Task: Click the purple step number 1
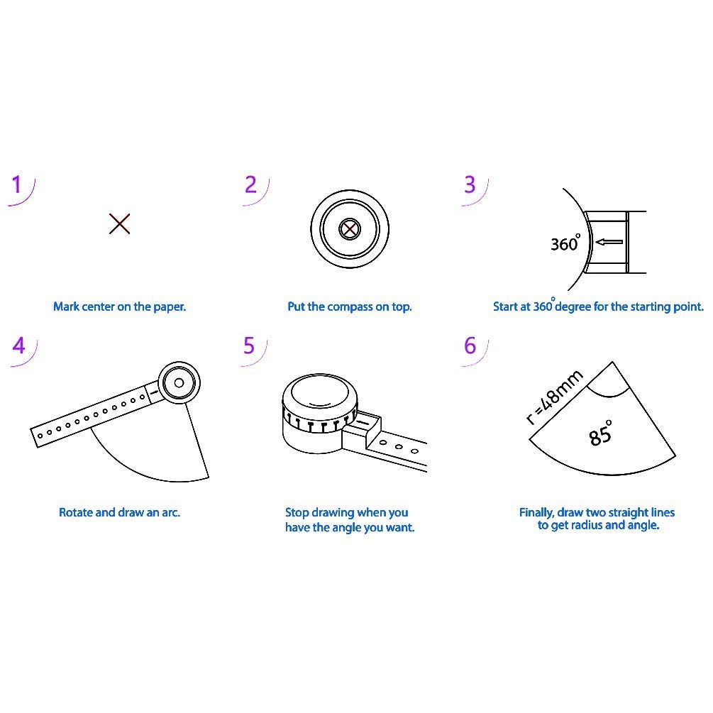click(17, 185)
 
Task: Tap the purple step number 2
click(250, 184)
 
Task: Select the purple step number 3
click(470, 184)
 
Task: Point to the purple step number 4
click(19, 346)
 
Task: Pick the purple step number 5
click(249, 346)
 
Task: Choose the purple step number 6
click(470, 346)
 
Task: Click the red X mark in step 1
click(120, 224)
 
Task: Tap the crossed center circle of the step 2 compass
click(349, 229)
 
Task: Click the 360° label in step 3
click(565, 243)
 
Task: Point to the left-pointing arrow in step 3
click(609, 243)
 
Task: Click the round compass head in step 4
click(179, 383)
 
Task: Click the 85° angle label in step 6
click(600, 433)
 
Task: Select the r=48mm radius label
click(555, 397)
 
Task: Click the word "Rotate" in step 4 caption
click(74, 512)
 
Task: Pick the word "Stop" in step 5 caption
click(297, 512)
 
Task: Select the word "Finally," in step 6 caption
click(537, 512)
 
